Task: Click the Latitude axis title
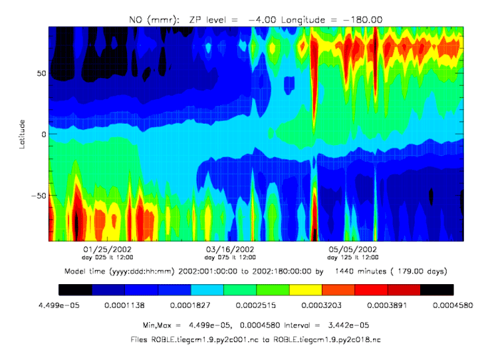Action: pos(23,134)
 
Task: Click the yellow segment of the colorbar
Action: pos(305,289)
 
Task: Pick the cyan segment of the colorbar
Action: pos(207,289)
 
